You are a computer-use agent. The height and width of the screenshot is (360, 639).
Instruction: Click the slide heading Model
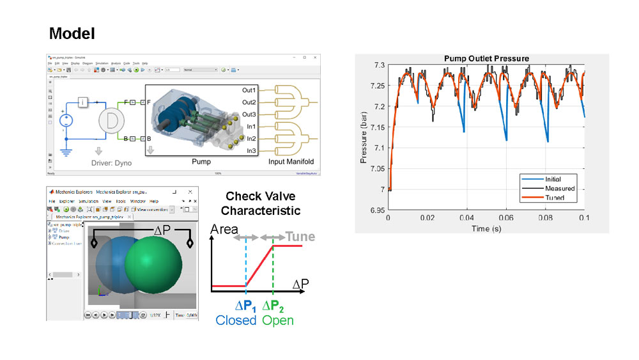(72, 33)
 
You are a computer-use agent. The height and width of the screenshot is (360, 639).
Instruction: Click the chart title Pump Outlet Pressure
(487, 59)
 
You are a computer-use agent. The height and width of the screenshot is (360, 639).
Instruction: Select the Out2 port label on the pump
(249, 102)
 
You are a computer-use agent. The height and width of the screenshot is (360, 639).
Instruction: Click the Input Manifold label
(292, 162)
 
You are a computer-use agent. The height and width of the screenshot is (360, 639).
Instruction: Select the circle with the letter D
(112, 120)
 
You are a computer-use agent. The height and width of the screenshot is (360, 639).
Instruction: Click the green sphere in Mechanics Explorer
(153, 263)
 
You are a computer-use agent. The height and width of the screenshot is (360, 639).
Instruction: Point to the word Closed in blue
(236, 320)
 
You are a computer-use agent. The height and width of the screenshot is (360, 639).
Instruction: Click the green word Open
(278, 320)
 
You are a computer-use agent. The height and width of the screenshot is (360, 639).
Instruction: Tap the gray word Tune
(300, 237)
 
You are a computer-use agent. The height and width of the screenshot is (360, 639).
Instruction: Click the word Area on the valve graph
(224, 230)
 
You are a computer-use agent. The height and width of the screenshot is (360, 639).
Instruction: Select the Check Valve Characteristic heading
(263, 203)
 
